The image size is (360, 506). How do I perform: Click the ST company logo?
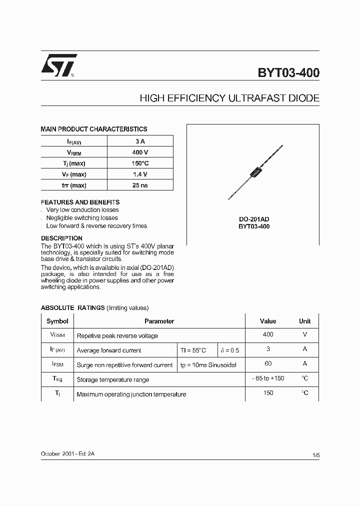(59, 65)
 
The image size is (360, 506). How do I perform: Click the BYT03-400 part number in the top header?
(288, 73)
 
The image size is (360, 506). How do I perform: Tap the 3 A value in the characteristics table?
(140, 141)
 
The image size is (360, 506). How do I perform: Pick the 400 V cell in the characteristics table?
(140, 152)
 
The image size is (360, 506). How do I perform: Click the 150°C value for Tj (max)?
(140, 163)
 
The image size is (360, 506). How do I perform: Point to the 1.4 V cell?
(140, 174)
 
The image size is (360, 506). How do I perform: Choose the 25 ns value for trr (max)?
(140, 185)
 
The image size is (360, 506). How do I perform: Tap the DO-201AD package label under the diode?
(254, 219)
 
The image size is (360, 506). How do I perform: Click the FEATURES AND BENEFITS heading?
(80, 202)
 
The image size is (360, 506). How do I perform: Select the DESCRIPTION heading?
(61, 238)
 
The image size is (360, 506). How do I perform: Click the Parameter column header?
(159, 321)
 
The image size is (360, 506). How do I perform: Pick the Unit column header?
(304, 321)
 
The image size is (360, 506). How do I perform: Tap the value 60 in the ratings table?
(268, 364)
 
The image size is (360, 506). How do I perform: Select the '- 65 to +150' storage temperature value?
(268, 378)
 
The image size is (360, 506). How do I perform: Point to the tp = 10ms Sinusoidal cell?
(208, 365)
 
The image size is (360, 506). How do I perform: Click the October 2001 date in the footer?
(58, 453)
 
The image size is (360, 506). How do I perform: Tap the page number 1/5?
(315, 455)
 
